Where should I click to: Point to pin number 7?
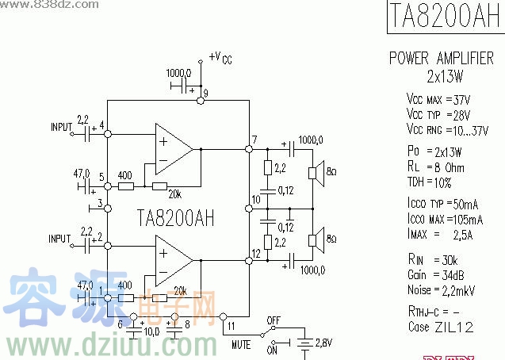[254, 140]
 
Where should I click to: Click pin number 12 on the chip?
[255, 254]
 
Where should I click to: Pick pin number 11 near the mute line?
[230, 324]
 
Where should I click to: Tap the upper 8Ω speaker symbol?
[315, 172]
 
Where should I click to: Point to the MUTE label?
[241, 346]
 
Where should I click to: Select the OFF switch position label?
[274, 321]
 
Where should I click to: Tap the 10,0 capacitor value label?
[151, 331]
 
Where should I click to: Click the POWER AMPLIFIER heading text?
[441, 59]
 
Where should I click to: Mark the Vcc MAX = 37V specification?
[438, 101]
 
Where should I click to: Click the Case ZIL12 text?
[442, 326]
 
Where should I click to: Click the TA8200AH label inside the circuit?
[175, 216]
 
